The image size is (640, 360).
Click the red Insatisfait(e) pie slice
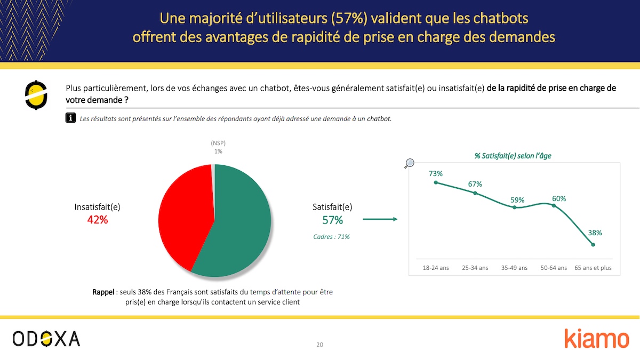click(x=184, y=219)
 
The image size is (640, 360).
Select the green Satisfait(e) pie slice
click(x=243, y=224)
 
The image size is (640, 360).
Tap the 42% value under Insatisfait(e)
click(x=98, y=219)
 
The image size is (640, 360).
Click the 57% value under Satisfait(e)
click(x=332, y=220)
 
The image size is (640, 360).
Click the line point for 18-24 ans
click(x=436, y=182)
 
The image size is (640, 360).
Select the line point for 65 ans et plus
click(x=593, y=245)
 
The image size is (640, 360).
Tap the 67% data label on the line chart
click(x=475, y=184)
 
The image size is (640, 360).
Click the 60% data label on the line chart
click(x=559, y=198)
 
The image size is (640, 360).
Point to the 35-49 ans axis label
click(x=514, y=268)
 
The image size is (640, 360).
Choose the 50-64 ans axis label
click(x=554, y=268)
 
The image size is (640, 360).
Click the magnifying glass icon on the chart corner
click(x=410, y=164)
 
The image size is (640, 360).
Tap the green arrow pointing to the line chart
click(x=380, y=219)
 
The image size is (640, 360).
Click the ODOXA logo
click(x=46, y=338)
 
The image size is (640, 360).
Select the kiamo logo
click(x=596, y=339)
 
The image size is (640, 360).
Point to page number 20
click(x=319, y=345)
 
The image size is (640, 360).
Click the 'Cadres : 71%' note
click(x=331, y=236)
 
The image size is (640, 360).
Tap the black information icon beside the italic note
click(x=70, y=118)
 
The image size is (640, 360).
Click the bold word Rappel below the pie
click(x=103, y=292)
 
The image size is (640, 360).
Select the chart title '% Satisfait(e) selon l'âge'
click(x=514, y=156)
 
